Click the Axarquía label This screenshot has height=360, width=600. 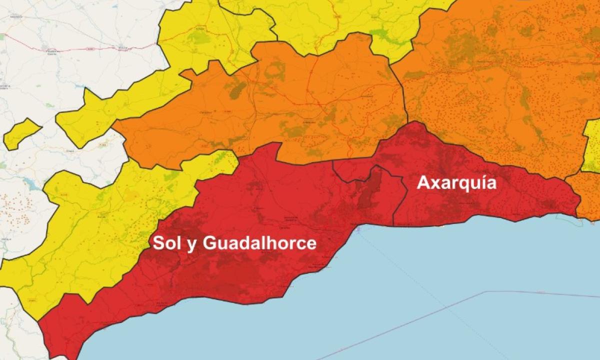tap(456, 182)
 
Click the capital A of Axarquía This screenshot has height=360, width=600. tap(423, 182)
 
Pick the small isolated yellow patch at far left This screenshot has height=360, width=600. tap(21, 133)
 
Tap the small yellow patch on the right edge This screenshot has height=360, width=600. tap(592, 147)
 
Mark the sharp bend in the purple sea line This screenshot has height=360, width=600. tap(487, 291)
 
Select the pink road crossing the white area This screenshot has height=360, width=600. tap(75, 49)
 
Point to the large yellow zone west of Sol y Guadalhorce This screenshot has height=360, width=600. tap(100, 220)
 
